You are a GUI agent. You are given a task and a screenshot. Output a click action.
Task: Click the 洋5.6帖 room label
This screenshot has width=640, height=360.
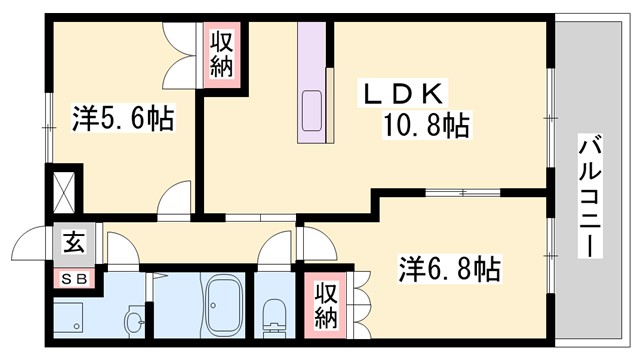(123, 120)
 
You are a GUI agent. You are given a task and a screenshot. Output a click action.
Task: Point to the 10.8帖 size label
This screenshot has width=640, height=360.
(426, 126)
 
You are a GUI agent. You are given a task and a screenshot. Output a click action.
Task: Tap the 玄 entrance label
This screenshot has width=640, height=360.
(73, 242)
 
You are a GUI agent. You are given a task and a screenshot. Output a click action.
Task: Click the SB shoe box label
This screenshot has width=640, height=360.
(74, 279)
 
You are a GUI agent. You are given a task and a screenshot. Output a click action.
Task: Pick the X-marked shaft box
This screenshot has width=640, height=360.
(62, 190)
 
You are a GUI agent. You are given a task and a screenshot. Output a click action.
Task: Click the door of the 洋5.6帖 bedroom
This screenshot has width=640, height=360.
(177, 197)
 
